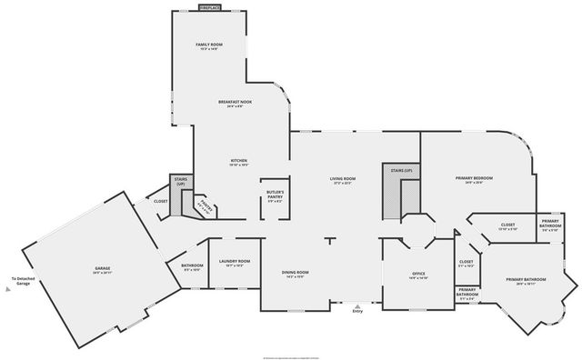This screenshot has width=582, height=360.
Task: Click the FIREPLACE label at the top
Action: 209,7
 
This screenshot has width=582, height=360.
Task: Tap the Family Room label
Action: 210,45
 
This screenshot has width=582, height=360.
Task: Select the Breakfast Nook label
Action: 235,102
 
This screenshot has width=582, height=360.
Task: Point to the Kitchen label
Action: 238,162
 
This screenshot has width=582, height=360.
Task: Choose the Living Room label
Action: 342,180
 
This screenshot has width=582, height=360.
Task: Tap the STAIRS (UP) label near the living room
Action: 401,171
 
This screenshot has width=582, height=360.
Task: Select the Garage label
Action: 102,270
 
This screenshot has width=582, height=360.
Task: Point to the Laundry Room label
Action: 234,263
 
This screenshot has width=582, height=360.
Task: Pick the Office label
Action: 418,275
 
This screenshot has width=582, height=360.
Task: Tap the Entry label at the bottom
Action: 357,312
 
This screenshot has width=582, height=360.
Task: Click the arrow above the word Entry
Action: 357,305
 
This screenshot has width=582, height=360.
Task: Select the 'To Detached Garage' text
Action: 20,281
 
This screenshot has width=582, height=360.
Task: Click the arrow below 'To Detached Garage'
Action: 8,289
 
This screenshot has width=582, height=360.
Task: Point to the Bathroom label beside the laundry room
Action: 192,267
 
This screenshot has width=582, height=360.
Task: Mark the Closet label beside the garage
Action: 161,201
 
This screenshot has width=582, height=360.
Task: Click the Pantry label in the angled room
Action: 206,207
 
